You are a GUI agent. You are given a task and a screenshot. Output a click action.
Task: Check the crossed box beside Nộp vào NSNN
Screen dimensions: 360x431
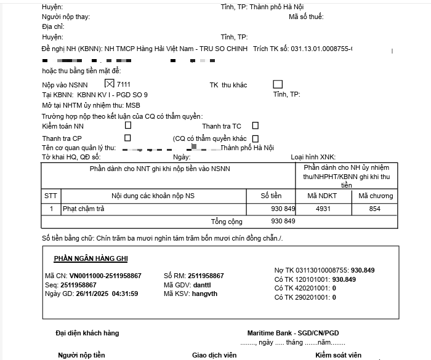pos(110,84)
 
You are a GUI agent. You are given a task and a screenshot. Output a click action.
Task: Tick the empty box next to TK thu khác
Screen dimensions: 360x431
pos(278,84)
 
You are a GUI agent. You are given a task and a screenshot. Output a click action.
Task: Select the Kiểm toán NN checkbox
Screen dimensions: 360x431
pos(128,125)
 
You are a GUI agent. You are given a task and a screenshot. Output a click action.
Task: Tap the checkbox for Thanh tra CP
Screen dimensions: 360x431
pos(128,138)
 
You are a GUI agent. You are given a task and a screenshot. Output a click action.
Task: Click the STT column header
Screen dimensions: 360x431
pos(51,196)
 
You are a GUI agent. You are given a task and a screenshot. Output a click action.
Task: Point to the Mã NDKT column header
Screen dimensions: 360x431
pos(323,196)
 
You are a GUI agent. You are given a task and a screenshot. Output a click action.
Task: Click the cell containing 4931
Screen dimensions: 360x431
pos(323,209)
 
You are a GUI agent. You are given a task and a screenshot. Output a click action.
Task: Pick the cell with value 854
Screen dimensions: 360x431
pos(374,209)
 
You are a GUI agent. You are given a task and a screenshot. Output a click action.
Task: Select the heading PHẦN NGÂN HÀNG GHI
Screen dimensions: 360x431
pos(91,258)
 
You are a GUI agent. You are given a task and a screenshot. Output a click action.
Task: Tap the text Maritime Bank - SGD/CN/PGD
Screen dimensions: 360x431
pos(292,333)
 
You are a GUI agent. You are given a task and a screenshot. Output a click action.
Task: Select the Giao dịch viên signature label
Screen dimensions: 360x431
pos(214,355)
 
